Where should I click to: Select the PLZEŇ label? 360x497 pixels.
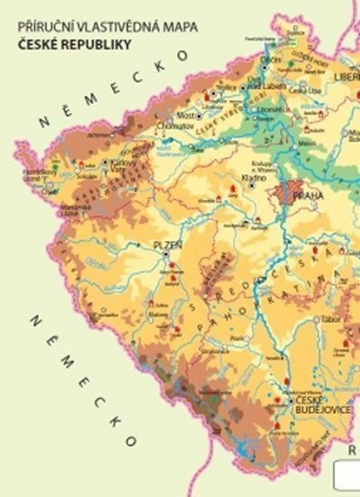tap(167, 244)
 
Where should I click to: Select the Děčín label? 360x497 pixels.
tap(271, 60)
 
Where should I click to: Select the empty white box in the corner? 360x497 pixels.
tap(346, 476)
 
